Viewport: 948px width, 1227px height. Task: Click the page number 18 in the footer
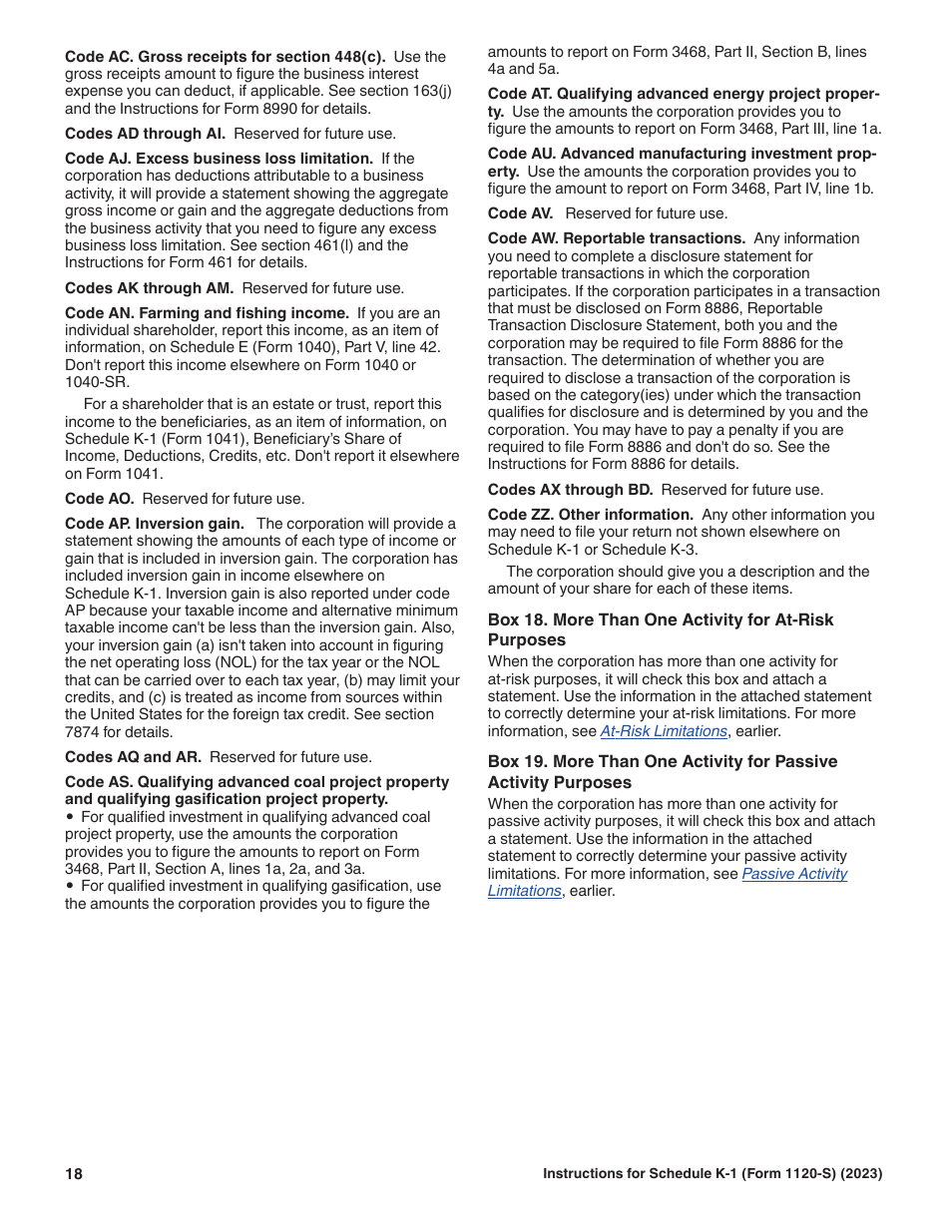(x=74, y=1174)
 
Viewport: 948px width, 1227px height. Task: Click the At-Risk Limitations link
(x=663, y=731)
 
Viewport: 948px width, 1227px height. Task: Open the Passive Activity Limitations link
(x=794, y=874)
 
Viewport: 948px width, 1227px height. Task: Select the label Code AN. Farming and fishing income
(x=207, y=313)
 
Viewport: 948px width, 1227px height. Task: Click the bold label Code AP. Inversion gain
(x=154, y=524)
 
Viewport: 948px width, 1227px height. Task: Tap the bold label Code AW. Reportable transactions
(x=616, y=238)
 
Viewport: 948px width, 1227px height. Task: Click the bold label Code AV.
(x=522, y=213)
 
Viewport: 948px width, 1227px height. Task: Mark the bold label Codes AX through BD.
(x=570, y=490)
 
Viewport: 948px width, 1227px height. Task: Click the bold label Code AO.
(x=99, y=499)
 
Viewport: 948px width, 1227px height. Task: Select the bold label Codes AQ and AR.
(x=133, y=757)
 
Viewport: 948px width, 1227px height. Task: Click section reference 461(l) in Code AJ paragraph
(x=347, y=245)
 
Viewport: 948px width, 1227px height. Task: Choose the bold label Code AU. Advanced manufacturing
(x=682, y=154)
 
